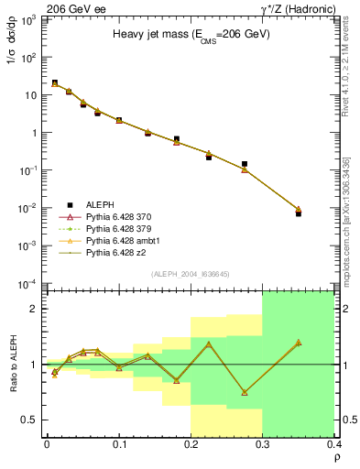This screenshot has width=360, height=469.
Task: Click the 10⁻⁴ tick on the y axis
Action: [x=31, y=283]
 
